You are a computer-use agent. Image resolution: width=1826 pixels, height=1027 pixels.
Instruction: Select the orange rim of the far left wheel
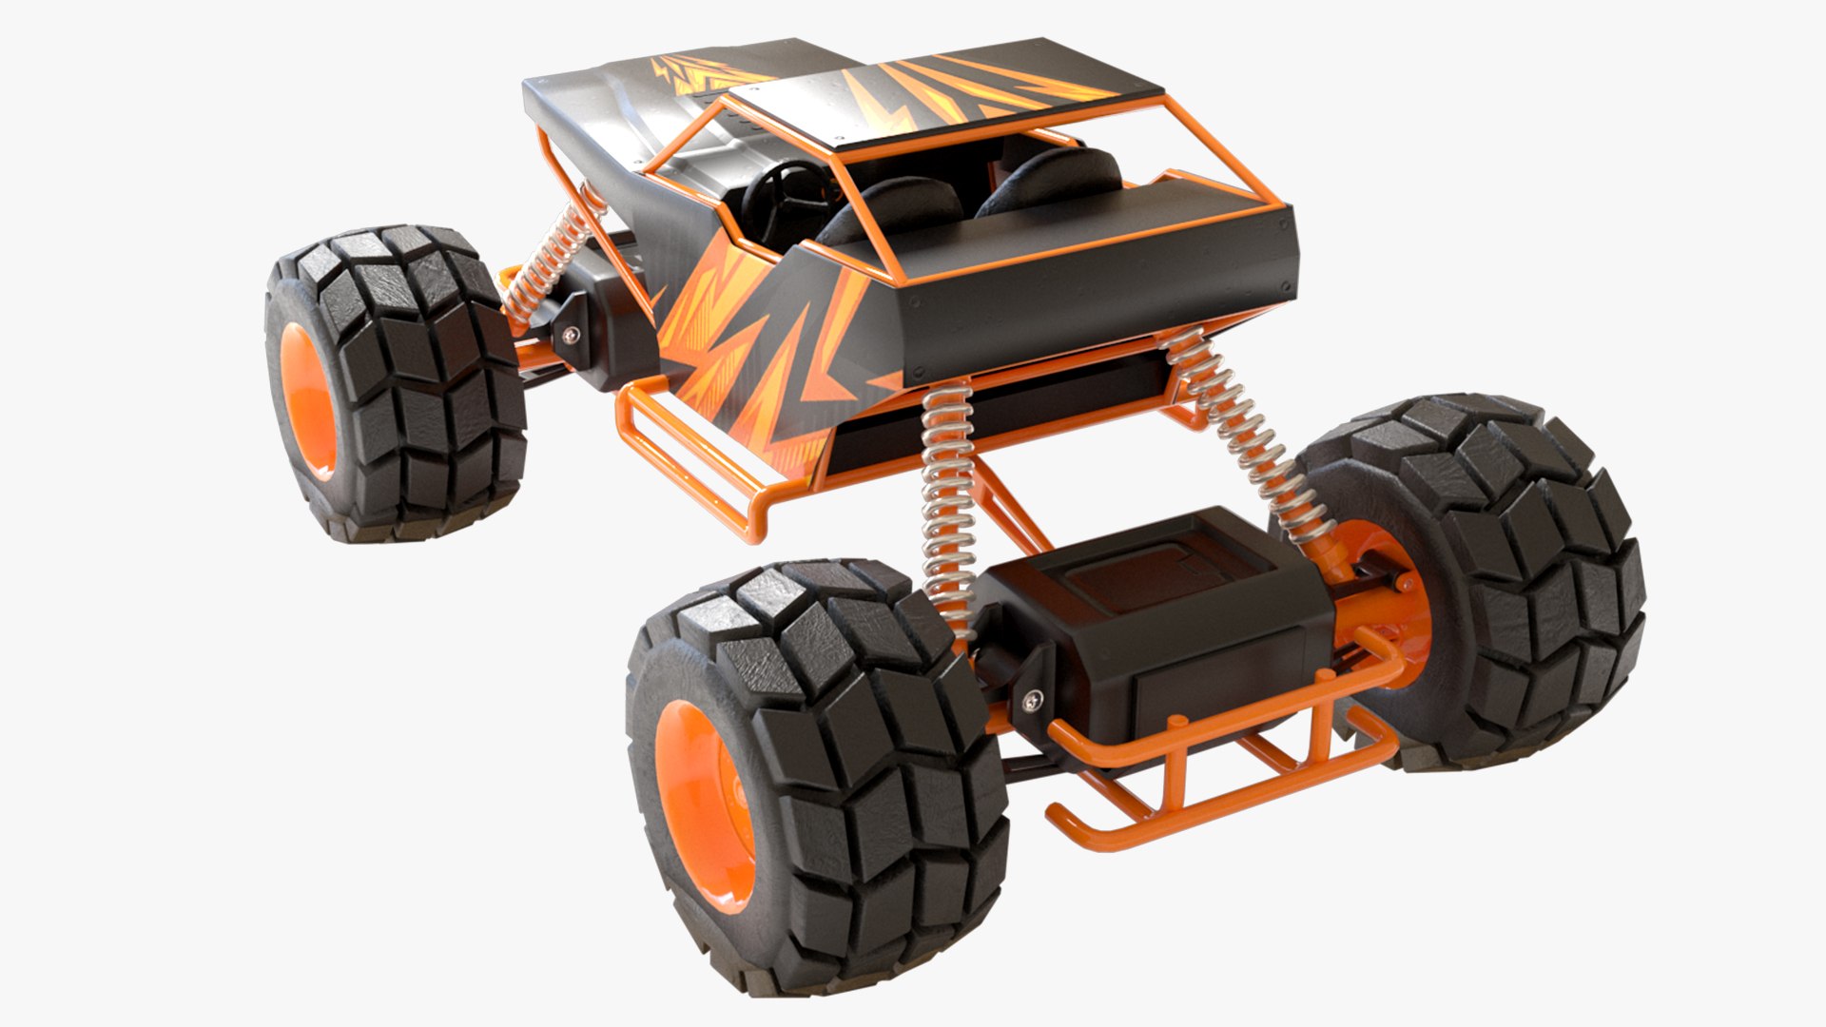click(x=306, y=399)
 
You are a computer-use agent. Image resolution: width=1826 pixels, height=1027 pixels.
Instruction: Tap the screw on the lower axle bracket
click(x=1031, y=701)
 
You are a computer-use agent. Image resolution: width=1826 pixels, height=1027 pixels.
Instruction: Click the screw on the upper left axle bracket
click(x=570, y=334)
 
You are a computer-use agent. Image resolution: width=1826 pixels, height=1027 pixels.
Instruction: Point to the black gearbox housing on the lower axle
click(x=1160, y=618)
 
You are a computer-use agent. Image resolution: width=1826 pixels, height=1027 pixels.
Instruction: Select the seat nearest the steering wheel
click(x=889, y=204)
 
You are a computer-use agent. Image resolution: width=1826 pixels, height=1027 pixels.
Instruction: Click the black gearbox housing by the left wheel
click(x=609, y=314)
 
